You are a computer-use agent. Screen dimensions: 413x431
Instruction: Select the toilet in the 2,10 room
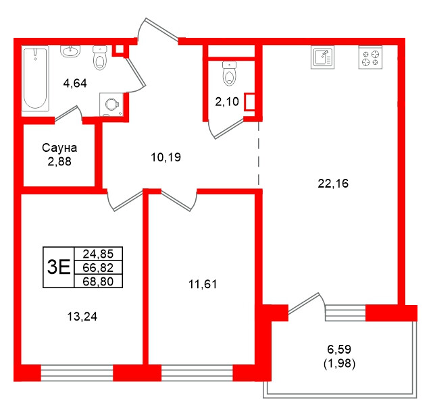coord(230,74)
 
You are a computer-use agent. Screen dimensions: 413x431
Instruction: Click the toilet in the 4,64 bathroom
coord(101,59)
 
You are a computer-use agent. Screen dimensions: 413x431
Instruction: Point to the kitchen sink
coord(323,57)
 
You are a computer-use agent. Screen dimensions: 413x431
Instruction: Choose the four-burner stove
coord(370,57)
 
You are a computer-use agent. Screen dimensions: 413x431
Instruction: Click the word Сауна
coord(59,148)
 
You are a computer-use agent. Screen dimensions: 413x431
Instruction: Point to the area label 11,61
coord(203,284)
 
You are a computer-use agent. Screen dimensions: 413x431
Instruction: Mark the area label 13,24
coord(76,314)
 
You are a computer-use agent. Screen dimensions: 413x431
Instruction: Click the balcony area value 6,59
coord(340,350)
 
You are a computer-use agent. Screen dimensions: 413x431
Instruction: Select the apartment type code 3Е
coord(58,267)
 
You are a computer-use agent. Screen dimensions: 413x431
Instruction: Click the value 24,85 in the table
coord(98,254)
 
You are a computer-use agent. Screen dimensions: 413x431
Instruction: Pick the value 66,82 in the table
coord(98,267)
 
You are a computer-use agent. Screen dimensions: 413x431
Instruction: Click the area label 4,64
coord(76,84)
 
